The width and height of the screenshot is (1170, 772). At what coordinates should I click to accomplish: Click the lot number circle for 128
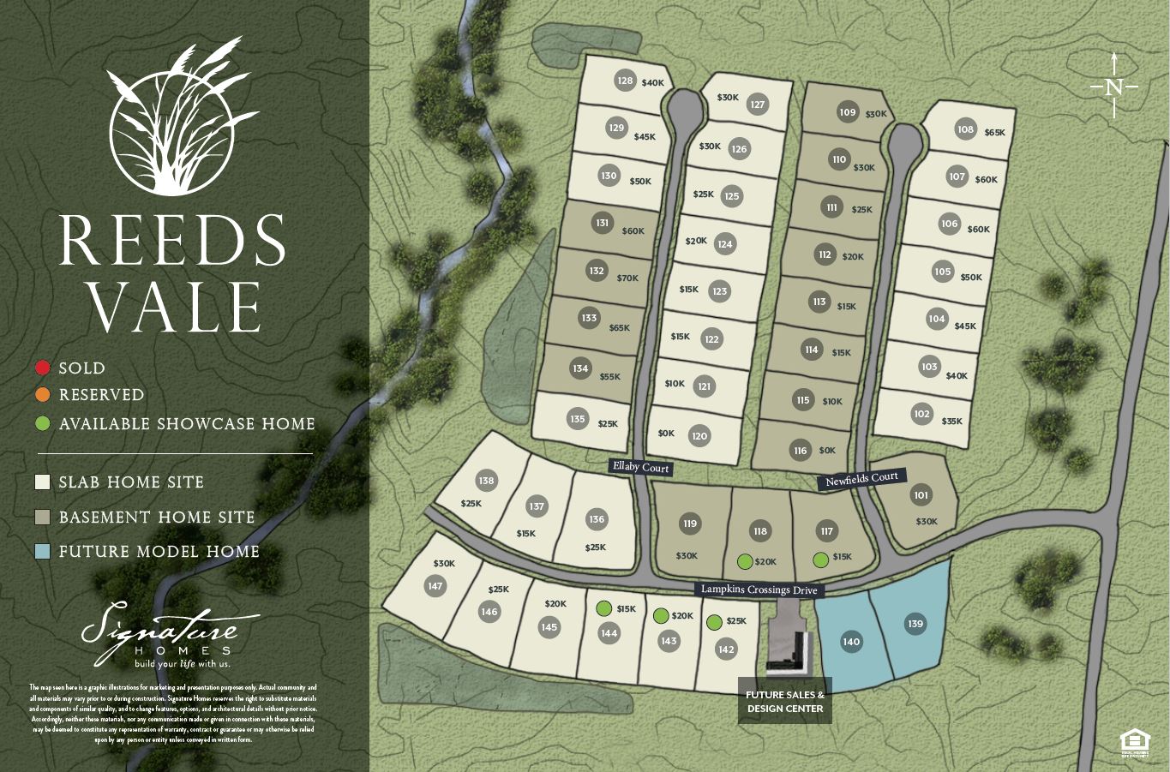pyautogui.click(x=625, y=81)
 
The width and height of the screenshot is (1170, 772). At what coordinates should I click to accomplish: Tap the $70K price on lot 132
pyautogui.click(x=627, y=278)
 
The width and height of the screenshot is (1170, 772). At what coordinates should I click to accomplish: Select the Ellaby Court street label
pyautogui.click(x=640, y=467)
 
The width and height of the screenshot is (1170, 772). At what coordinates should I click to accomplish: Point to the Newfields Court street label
pyautogui.click(x=861, y=479)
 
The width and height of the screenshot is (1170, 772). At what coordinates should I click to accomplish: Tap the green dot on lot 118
pyautogui.click(x=745, y=562)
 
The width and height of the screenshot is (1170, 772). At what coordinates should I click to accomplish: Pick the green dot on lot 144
pyautogui.click(x=603, y=608)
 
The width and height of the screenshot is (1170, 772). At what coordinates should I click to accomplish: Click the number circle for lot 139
pyautogui.click(x=915, y=624)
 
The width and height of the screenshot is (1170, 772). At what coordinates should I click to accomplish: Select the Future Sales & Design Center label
pyautogui.click(x=785, y=702)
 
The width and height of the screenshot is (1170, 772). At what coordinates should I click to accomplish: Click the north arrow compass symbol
pyautogui.click(x=1113, y=86)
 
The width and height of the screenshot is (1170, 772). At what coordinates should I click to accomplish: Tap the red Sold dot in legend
pyautogui.click(x=43, y=368)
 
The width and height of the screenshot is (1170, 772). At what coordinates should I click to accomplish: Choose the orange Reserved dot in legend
pyautogui.click(x=43, y=395)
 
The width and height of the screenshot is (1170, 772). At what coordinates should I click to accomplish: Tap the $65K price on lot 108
pyautogui.click(x=994, y=133)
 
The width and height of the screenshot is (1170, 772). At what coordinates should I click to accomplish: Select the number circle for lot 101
pyautogui.click(x=921, y=495)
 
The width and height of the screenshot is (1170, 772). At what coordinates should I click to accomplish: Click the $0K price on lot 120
pyautogui.click(x=666, y=434)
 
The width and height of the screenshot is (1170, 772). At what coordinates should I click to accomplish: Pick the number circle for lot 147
pyautogui.click(x=435, y=586)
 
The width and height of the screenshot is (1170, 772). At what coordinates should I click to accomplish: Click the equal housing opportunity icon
pyautogui.click(x=1134, y=743)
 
